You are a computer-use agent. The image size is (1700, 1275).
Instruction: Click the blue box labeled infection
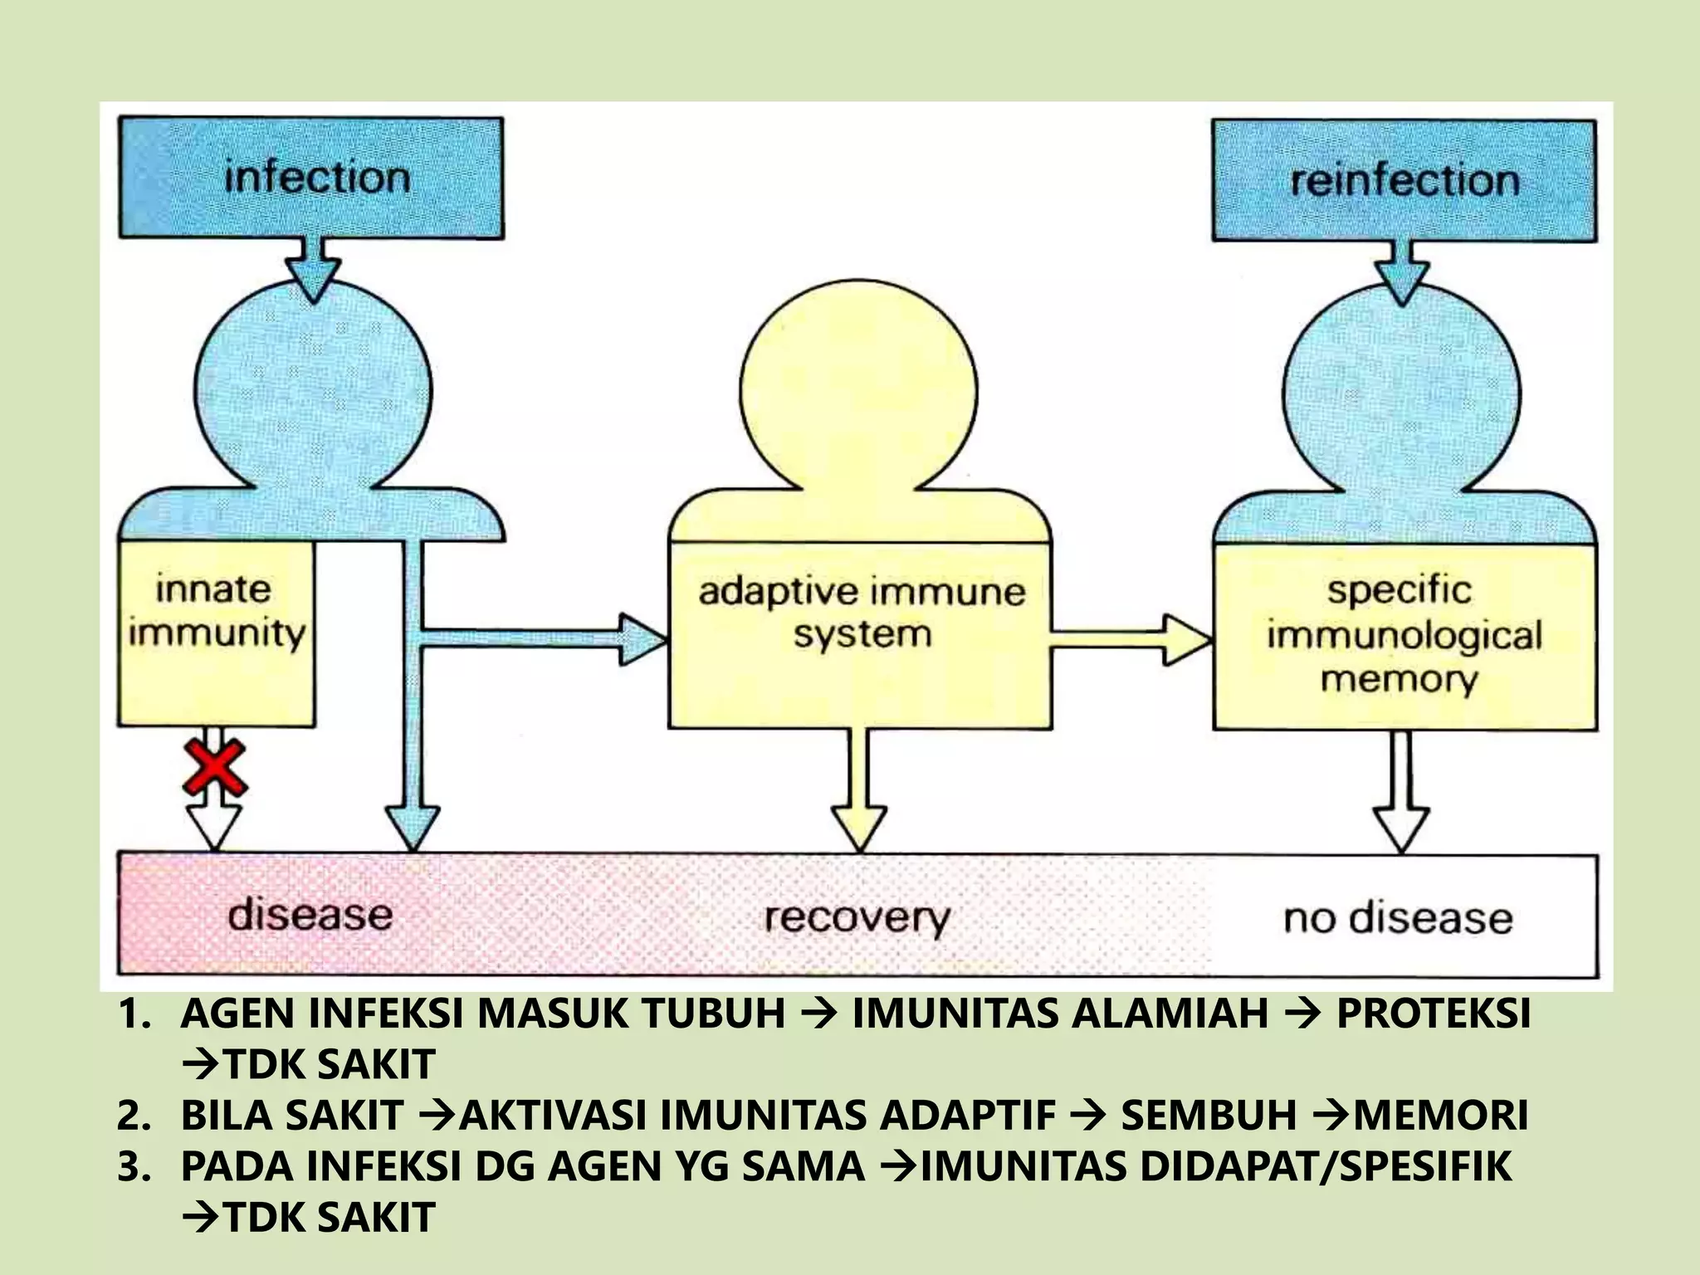311,178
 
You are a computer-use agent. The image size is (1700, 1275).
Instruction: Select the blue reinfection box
1404,180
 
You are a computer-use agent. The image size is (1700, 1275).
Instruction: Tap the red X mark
215,766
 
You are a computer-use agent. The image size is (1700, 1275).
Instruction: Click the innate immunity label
215,611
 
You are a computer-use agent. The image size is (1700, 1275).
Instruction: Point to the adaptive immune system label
861,613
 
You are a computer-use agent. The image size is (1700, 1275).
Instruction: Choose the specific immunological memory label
1403,634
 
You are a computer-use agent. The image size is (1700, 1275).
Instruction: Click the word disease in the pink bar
310,915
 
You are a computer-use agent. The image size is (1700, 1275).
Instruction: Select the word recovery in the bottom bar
857,918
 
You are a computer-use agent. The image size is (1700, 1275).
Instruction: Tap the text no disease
1398,919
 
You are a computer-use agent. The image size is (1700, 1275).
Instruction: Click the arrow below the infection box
313,271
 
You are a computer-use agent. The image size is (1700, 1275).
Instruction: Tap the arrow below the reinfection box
1404,274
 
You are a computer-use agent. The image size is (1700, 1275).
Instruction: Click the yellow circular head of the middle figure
858,390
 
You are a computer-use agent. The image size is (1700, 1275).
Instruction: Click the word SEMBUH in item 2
1209,1115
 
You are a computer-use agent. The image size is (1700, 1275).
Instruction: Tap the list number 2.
133,1115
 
